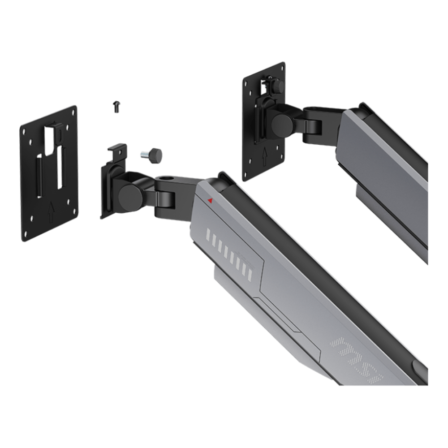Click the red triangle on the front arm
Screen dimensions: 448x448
[210, 200]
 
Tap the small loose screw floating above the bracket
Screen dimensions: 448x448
[116, 107]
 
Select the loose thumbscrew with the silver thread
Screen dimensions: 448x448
[152, 155]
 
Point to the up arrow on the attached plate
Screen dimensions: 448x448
[265, 155]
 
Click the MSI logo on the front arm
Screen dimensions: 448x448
[356, 359]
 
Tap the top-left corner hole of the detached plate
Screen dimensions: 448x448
[28, 131]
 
